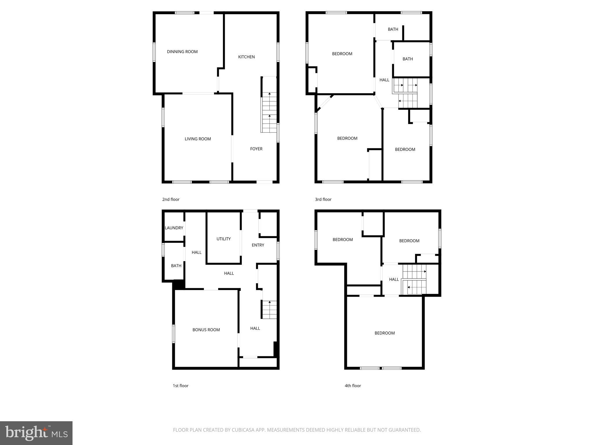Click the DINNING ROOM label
point(182,52)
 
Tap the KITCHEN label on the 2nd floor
point(246,57)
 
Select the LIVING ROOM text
point(198,139)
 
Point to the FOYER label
point(256,149)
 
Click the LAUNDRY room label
point(174,228)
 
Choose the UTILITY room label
point(223,239)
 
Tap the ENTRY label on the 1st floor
point(258,245)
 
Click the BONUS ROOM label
point(206,330)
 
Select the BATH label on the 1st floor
point(176,266)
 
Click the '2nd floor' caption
point(171,200)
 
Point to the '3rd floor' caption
point(323,200)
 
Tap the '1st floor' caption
point(180,386)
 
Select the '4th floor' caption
point(353,386)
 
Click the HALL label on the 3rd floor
point(384,80)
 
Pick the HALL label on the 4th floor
point(394,280)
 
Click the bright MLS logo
point(36,433)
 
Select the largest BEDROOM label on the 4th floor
point(384,333)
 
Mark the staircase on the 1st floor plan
point(269,310)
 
